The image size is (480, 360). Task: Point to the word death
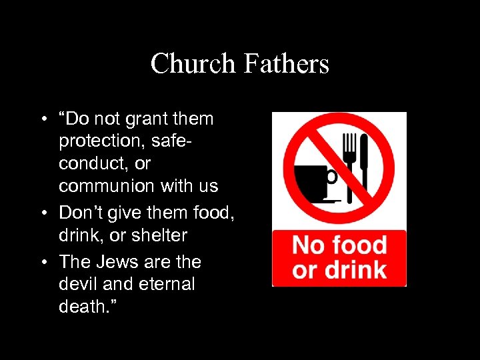click(x=81, y=307)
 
